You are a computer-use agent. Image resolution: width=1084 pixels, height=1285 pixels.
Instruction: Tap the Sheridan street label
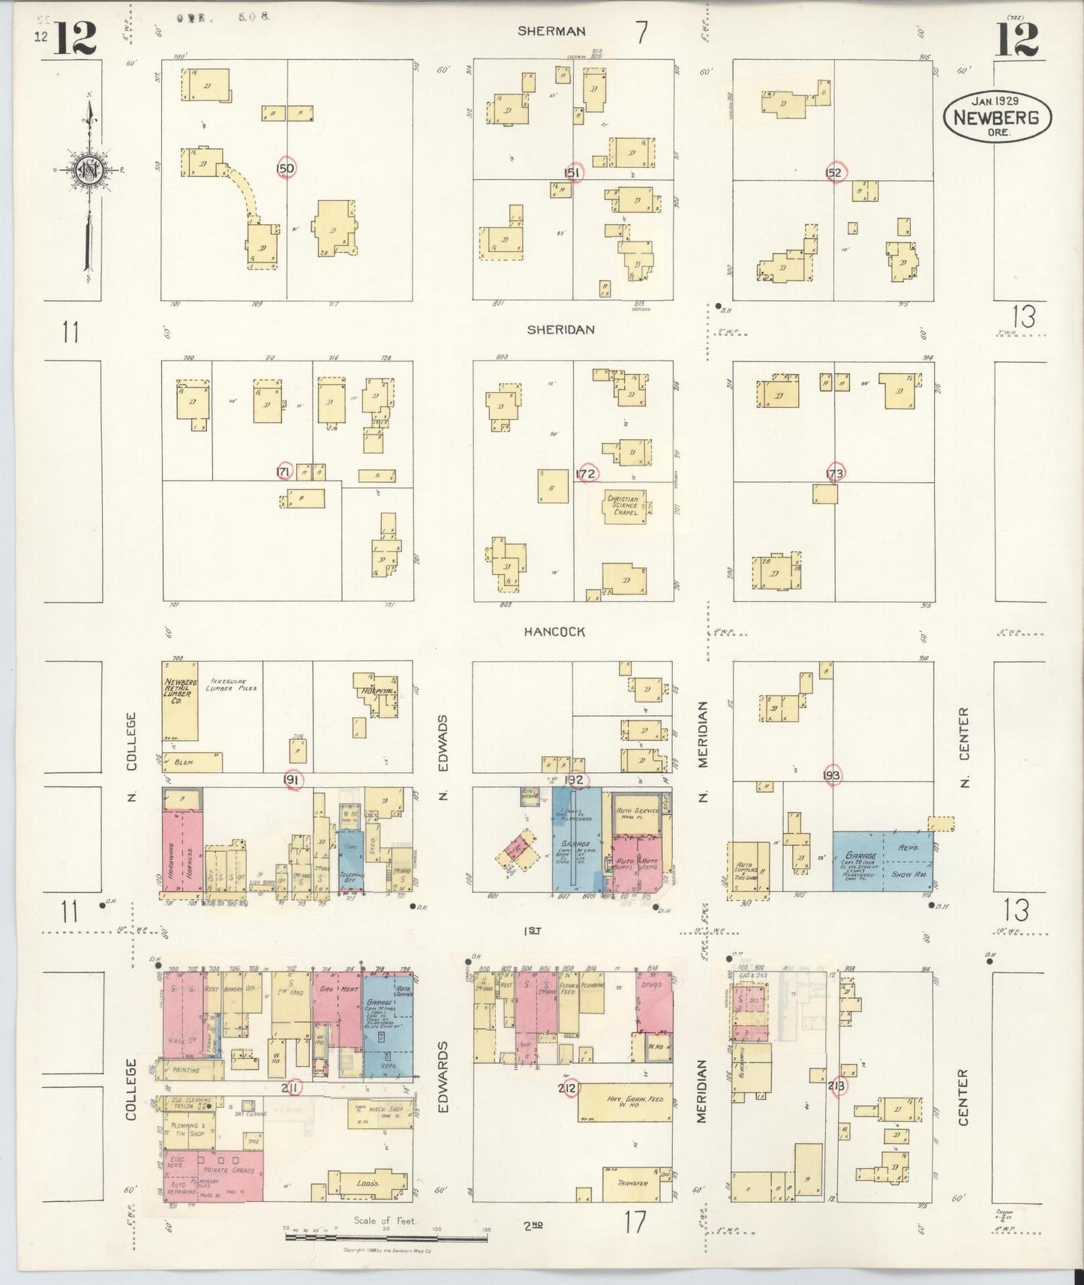(x=560, y=329)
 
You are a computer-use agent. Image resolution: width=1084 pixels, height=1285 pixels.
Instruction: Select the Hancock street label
(x=554, y=632)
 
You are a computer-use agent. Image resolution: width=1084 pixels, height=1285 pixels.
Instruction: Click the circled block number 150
(x=286, y=169)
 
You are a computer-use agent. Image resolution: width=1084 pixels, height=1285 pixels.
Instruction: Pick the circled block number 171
(x=284, y=472)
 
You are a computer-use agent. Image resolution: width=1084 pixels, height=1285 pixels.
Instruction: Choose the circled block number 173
(x=834, y=473)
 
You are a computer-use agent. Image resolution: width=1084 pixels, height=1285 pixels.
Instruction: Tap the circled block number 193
(x=831, y=775)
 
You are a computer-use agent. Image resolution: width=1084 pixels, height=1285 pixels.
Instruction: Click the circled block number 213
(x=836, y=1086)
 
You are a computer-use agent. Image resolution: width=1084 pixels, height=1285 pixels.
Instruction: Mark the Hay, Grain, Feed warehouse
(x=624, y=1103)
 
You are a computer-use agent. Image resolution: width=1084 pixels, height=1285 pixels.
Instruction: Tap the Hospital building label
(x=377, y=688)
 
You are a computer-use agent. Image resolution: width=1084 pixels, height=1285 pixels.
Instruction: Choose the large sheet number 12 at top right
(x=1017, y=39)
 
